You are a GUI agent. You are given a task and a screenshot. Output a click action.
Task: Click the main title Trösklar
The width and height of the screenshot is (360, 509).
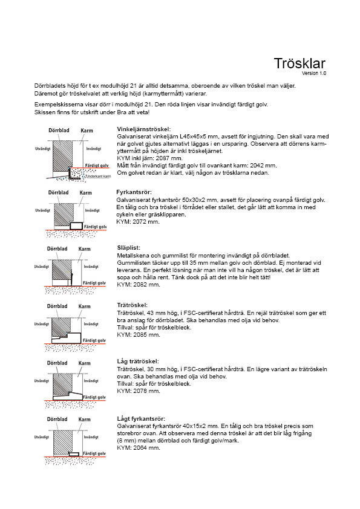click(x=299, y=63)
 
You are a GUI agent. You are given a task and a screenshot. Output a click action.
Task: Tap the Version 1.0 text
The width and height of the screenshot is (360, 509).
click(x=314, y=73)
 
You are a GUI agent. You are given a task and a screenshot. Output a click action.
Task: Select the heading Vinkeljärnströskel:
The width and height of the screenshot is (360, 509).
click(x=143, y=129)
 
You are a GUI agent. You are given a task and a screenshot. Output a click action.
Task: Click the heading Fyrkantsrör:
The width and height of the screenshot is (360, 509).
click(x=134, y=192)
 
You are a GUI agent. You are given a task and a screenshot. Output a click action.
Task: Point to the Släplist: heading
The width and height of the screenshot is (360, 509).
click(x=129, y=248)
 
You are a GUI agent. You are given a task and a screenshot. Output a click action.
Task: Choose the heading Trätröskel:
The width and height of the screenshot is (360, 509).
click(x=133, y=305)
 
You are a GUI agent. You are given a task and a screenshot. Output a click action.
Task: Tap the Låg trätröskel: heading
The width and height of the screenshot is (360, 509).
click(x=138, y=361)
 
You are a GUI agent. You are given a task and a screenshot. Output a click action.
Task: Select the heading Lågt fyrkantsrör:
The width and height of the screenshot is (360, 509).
click(x=141, y=419)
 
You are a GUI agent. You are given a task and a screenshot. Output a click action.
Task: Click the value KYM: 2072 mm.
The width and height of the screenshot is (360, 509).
click(x=138, y=222)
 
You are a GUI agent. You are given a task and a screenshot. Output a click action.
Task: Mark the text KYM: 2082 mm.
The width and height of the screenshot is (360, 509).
click(x=139, y=285)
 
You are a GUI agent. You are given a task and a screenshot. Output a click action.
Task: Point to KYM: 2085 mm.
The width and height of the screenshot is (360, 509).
click(x=139, y=335)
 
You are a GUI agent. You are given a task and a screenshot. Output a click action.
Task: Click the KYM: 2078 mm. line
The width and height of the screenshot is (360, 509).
click(x=139, y=391)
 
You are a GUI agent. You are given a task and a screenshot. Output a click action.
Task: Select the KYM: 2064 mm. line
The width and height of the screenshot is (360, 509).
click(x=139, y=448)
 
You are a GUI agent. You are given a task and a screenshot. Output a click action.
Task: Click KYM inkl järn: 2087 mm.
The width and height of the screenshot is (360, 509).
click(x=150, y=158)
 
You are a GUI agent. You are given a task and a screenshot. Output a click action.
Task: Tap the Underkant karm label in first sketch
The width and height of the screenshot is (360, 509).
click(x=99, y=177)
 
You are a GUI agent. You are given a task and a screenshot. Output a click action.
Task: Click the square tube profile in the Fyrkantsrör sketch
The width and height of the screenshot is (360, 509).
click(x=76, y=226)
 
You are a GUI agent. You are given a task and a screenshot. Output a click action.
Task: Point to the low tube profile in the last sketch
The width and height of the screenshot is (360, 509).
click(x=74, y=454)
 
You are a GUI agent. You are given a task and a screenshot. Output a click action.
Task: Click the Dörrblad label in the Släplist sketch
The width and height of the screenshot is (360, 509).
click(x=57, y=248)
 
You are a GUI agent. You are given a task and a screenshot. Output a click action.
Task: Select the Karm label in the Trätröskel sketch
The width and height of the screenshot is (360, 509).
click(x=85, y=306)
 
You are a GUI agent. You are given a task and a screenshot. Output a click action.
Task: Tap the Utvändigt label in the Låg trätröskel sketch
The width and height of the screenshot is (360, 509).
click(x=42, y=380)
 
